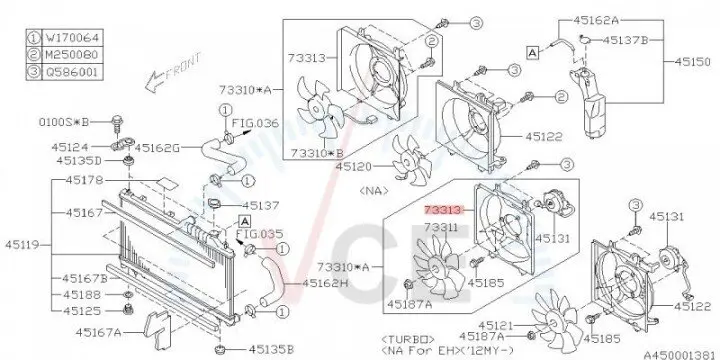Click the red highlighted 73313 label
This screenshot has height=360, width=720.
(x=442, y=211)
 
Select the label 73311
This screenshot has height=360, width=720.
(x=440, y=228)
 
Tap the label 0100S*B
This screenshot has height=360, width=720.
(x=70, y=120)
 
